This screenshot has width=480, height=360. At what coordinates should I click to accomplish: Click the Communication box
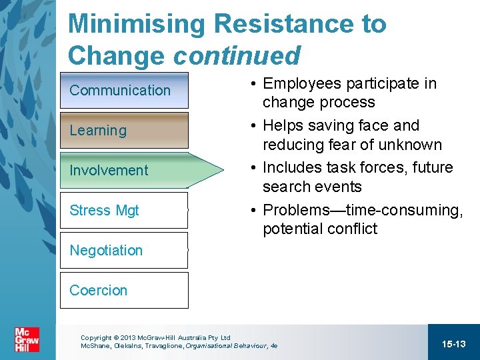point(124,90)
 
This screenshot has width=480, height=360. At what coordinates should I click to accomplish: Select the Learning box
point(124,130)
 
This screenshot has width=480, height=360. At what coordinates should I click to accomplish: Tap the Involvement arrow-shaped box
point(133,170)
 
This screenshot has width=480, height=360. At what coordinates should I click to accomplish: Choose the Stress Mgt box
point(124,210)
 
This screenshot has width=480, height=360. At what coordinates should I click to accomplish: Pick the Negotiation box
point(124,250)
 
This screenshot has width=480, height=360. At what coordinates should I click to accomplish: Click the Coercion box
point(124,290)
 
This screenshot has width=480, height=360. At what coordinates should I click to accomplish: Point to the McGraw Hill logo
point(27,340)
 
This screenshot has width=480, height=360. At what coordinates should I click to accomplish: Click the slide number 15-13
point(453,343)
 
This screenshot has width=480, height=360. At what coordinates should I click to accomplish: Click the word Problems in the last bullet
point(293,210)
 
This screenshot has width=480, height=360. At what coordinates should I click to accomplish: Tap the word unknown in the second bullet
point(414,145)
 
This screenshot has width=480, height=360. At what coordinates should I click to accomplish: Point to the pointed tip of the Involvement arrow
point(223,170)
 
